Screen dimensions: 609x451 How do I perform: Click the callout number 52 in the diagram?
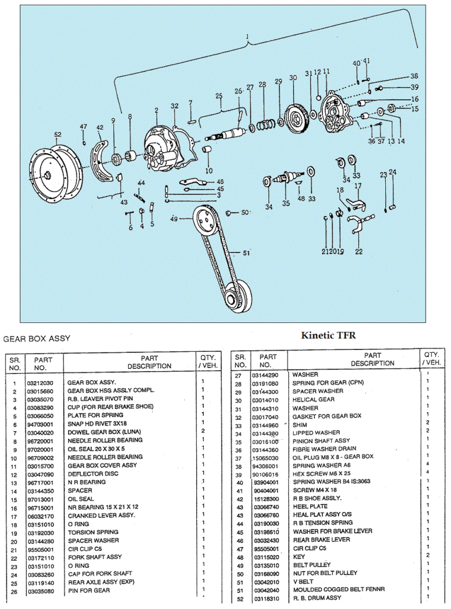[57, 134]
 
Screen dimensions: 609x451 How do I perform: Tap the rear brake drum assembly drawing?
[55, 175]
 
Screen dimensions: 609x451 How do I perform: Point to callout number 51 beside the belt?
[247, 253]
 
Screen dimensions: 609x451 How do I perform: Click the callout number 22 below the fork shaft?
[358, 252]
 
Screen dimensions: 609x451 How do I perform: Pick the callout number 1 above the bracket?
[248, 36]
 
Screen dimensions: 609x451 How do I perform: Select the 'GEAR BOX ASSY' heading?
[37, 338]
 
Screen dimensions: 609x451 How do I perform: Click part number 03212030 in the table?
[40, 382]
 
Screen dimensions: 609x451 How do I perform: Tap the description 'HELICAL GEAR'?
[314, 399]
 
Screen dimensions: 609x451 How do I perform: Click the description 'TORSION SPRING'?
[93, 532]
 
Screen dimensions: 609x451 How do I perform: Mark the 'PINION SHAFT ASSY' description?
[321, 440]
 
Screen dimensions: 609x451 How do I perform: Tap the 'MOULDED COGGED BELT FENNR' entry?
[335, 590]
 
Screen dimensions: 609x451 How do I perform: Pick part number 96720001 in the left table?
[40, 440]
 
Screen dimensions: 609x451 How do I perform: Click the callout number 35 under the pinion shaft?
[286, 203]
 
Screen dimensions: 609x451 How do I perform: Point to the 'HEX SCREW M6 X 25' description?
[322, 474]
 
